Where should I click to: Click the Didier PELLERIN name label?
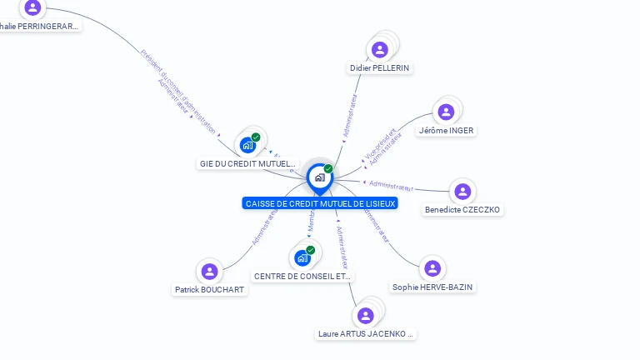point(380,67)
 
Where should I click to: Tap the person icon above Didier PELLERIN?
point(380,50)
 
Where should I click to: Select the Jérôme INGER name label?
point(446,130)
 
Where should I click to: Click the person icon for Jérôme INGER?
point(446,112)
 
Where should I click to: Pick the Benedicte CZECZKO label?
point(462,209)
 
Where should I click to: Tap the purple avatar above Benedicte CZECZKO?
point(462,192)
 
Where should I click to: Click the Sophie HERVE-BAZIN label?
point(432,287)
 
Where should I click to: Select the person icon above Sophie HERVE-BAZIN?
point(432,268)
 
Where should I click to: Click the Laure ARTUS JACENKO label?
point(366,333)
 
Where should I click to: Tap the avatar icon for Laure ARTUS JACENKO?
point(365,316)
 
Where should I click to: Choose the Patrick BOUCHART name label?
point(210,289)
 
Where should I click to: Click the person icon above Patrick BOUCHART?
point(209,272)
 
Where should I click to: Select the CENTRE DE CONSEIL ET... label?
point(302,276)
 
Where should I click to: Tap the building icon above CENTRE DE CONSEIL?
point(302,257)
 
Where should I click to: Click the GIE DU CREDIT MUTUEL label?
point(248,163)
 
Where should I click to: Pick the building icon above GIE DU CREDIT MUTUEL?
point(248,145)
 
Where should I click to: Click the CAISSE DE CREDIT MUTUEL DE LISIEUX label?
point(321,203)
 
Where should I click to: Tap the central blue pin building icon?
point(319,177)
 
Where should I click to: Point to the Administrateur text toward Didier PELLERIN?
point(349,114)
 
